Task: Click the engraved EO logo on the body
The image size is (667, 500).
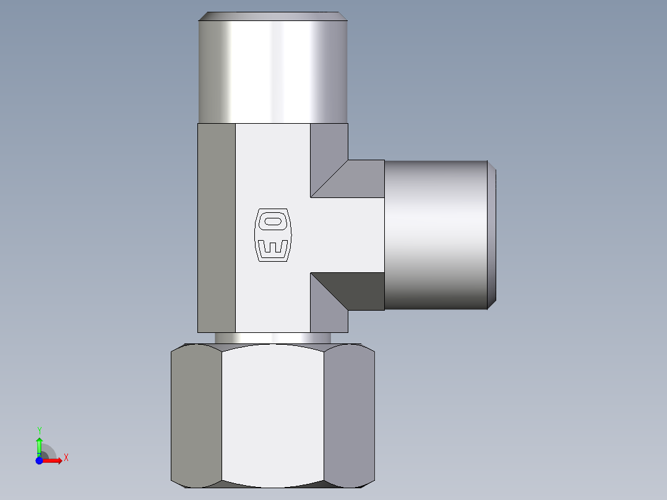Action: (272, 235)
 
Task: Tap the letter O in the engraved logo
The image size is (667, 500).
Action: (272, 221)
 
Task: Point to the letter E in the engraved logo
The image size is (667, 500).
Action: (272, 248)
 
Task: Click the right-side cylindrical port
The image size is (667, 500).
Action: (436, 235)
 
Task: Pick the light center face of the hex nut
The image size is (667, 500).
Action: (272, 415)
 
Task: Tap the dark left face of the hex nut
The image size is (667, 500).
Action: (196, 415)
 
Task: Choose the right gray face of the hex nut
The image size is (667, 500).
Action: (349, 415)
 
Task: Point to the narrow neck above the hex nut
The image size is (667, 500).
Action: (273, 338)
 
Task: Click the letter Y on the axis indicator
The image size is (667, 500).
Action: (39, 430)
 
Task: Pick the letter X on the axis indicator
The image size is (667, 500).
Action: (66, 458)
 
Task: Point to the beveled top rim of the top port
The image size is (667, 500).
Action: (273, 16)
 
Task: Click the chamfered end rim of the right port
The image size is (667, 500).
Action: (491, 235)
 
